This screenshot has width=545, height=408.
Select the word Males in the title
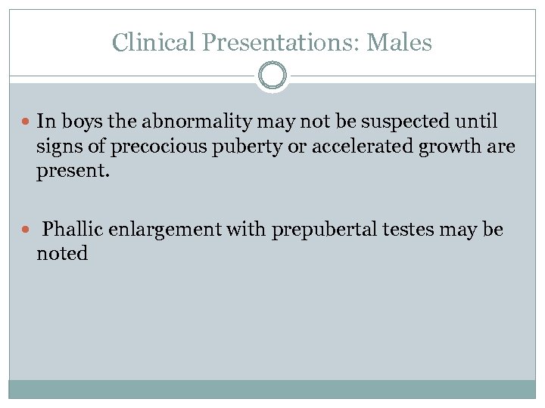point(399,42)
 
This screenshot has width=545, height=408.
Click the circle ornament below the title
point(272,76)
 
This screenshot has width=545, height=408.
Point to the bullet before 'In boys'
point(26,121)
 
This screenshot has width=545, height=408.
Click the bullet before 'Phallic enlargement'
point(26,230)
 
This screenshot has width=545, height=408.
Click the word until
point(475,121)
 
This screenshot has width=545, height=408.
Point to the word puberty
point(228,146)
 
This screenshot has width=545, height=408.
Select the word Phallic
point(73,230)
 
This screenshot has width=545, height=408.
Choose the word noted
point(62,255)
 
